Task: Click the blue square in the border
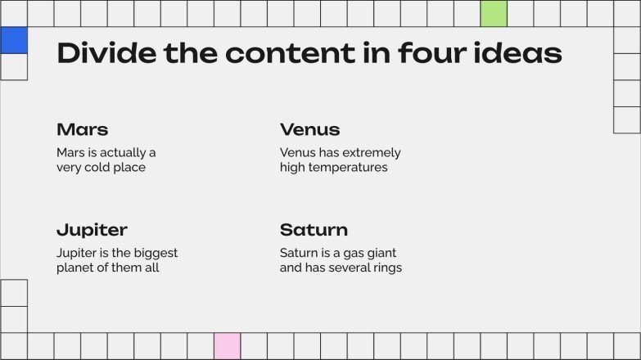pos(14,40)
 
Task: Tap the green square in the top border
pos(493,13)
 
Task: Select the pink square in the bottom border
pos(227,345)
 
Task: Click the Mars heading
pos(82,129)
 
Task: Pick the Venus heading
pos(309,129)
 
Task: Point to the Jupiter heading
pos(92,230)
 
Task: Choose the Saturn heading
pos(314,230)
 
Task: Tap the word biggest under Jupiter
pos(153,254)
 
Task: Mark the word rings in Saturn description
pos(386,268)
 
